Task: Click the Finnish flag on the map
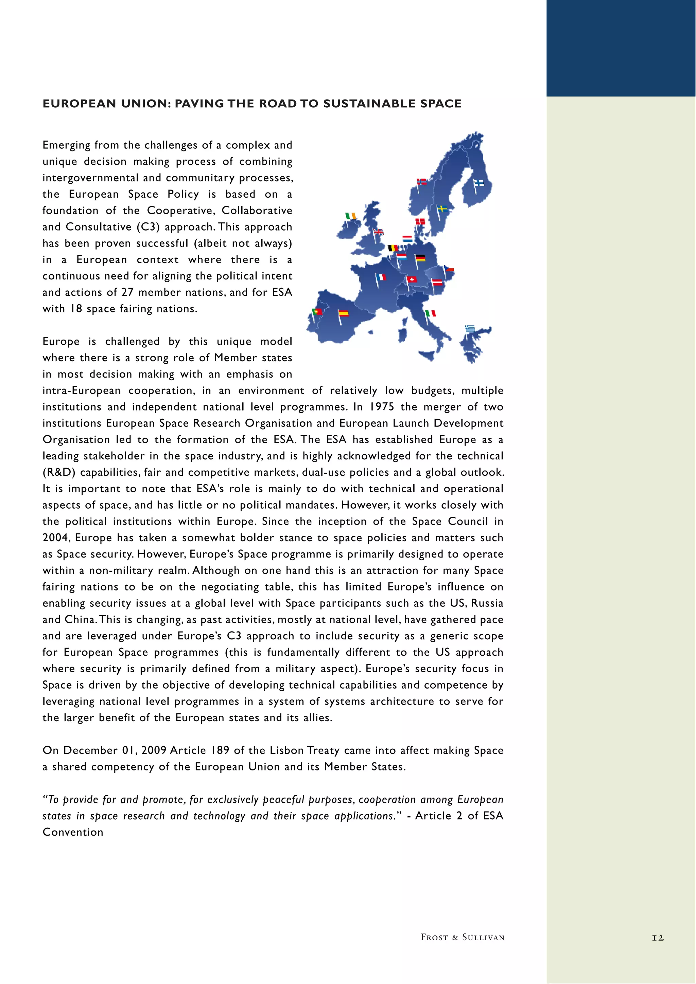pyautogui.click(x=478, y=183)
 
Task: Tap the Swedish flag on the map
pyautogui.click(x=442, y=209)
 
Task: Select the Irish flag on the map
pyautogui.click(x=351, y=216)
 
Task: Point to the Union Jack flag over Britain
pyautogui.click(x=378, y=232)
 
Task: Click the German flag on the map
pyautogui.click(x=420, y=258)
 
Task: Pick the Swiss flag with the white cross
pyautogui.click(x=412, y=279)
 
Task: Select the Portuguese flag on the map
pyautogui.click(x=318, y=312)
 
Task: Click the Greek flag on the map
pyautogui.click(x=470, y=329)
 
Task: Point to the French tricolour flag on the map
pyautogui.click(x=381, y=277)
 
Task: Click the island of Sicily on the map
pyautogui.click(x=427, y=355)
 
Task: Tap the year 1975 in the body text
pyautogui.click(x=382, y=407)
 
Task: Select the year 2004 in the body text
pyautogui.click(x=56, y=537)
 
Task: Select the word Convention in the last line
pyautogui.click(x=73, y=832)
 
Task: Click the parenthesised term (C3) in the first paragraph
pyautogui.click(x=148, y=227)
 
